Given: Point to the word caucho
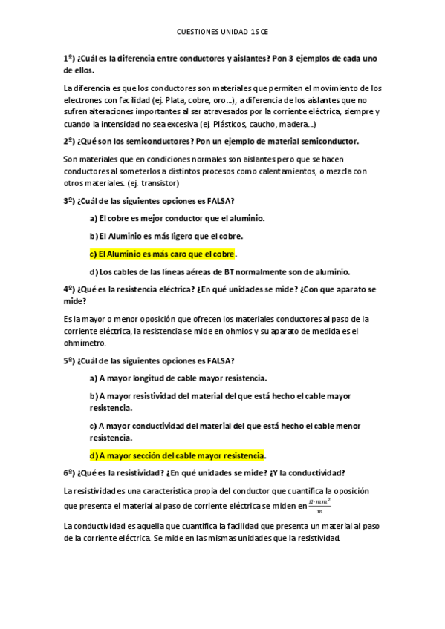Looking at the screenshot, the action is click(259, 123).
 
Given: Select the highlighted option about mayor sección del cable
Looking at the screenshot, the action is click(177, 455).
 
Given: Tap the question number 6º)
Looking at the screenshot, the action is click(70, 473).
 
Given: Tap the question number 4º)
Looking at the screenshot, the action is click(70, 289).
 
